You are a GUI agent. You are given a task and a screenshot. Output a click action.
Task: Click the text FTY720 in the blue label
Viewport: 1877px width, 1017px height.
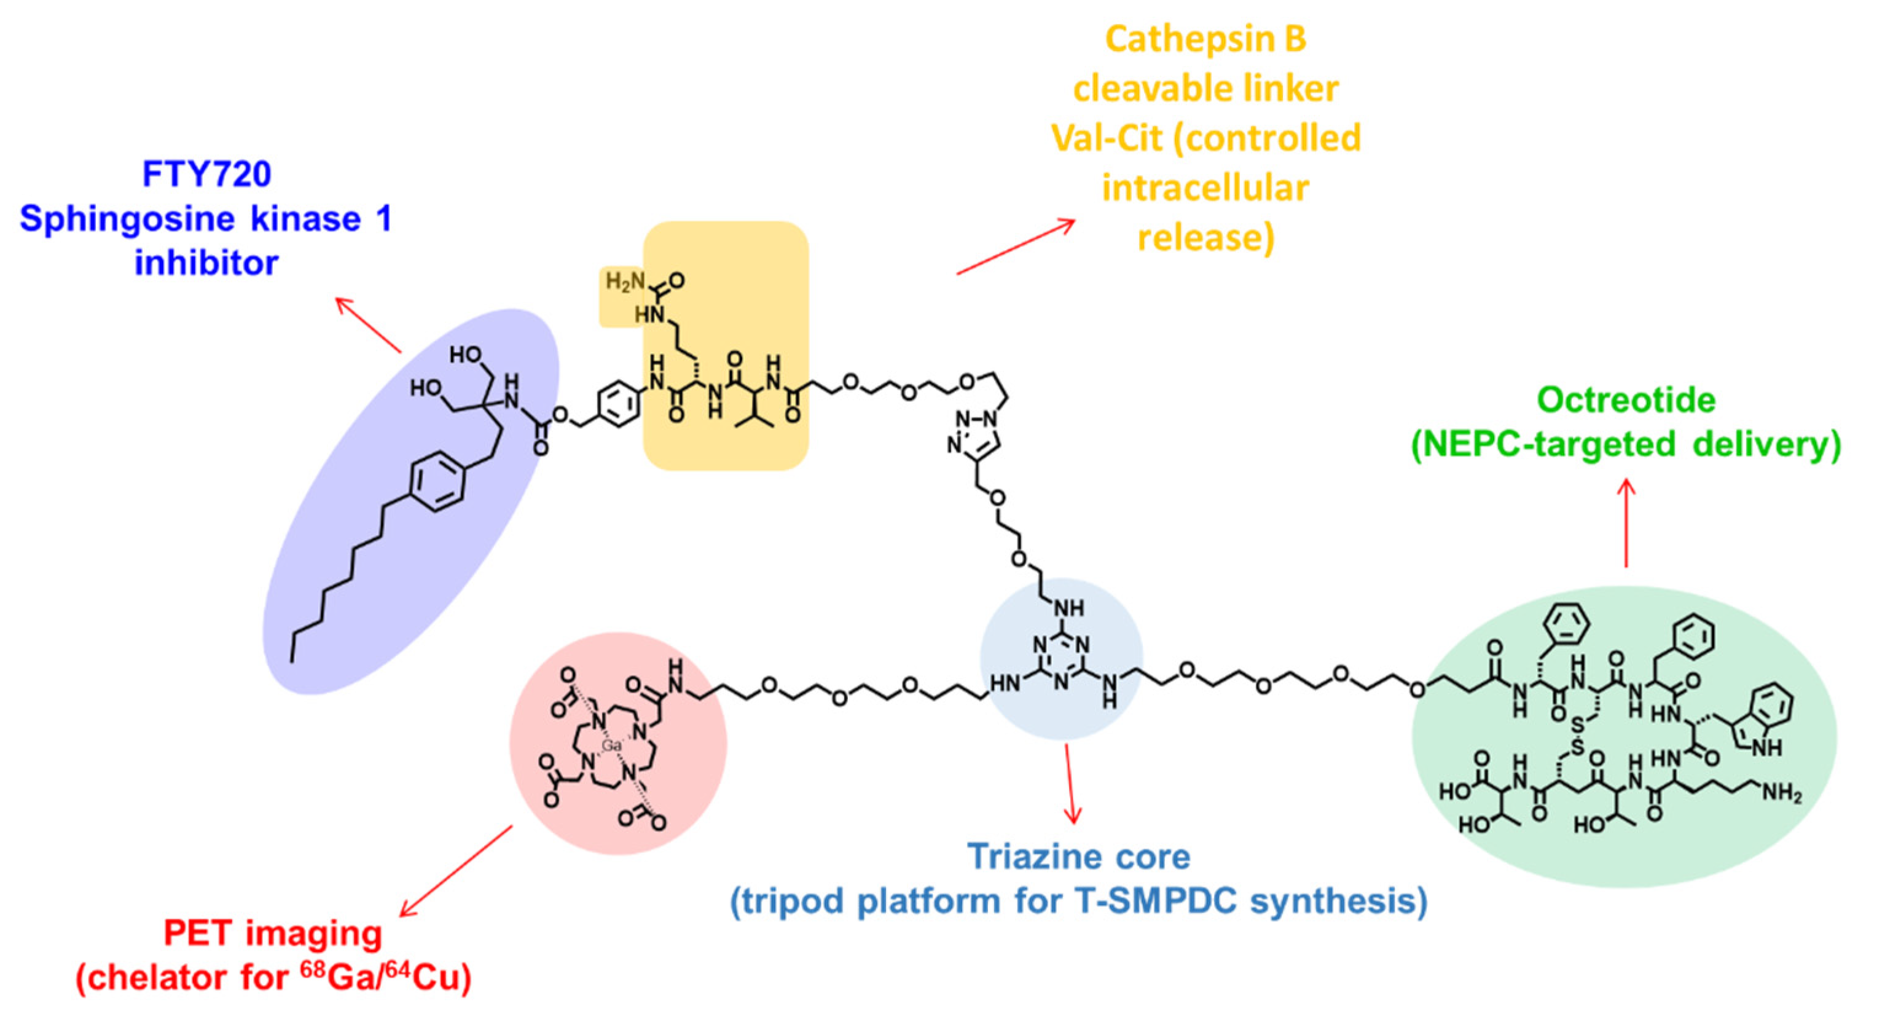click(x=206, y=174)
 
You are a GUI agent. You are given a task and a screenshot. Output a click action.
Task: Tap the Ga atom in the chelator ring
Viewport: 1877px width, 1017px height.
click(x=611, y=745)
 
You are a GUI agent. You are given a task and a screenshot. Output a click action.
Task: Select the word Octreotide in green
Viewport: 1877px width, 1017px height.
click(x=1626, y=400)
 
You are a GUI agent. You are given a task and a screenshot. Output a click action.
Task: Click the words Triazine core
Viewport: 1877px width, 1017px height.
click(x=1078, y=857)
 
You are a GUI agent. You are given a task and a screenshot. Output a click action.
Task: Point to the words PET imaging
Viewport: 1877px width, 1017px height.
click(x=273, y=933)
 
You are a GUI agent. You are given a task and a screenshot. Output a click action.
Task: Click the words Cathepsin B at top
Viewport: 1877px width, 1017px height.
click(x=1206, y=39)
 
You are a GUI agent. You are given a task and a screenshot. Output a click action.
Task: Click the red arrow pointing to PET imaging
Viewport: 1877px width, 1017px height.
click(x=455, y=871)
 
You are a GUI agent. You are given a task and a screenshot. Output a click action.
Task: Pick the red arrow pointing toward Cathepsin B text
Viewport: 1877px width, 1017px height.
click(x=1016, y=247)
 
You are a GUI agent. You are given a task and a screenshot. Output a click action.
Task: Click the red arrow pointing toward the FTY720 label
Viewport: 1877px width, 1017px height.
click(x=368, y=325)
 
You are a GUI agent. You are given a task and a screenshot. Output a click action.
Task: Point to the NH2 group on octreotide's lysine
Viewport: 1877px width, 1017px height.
click(x=1781, y=792)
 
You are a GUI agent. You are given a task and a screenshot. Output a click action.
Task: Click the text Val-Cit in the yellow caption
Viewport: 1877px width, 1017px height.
click(x=1106, y=138)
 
